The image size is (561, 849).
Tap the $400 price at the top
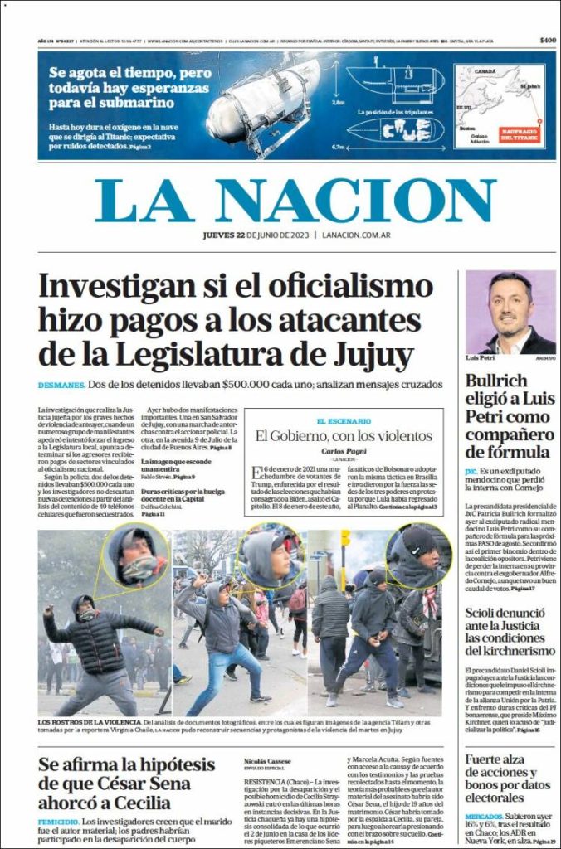pos(548,41)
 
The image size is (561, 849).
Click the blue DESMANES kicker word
pos(61,386)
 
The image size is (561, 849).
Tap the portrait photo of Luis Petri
pos(510,313)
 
